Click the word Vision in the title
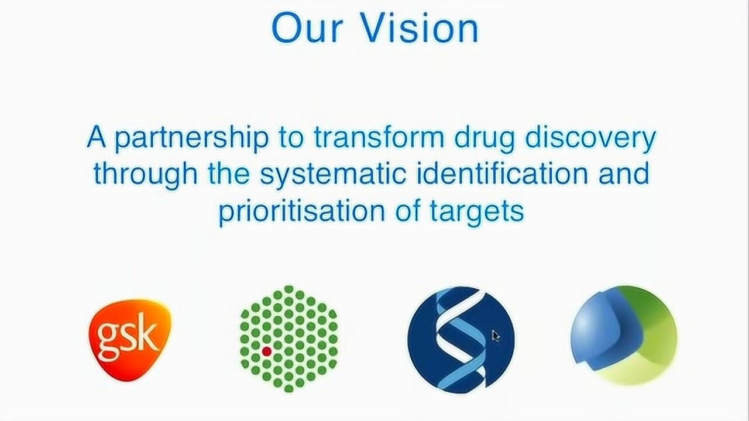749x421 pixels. click(x=420, y=28)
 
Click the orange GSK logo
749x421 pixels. click(x=129, y=339)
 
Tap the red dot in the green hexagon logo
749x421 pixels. click(x=266, y=351)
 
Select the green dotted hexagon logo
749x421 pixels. click(x=289, y=339)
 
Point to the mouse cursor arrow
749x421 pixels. click(x=495, y=336)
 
